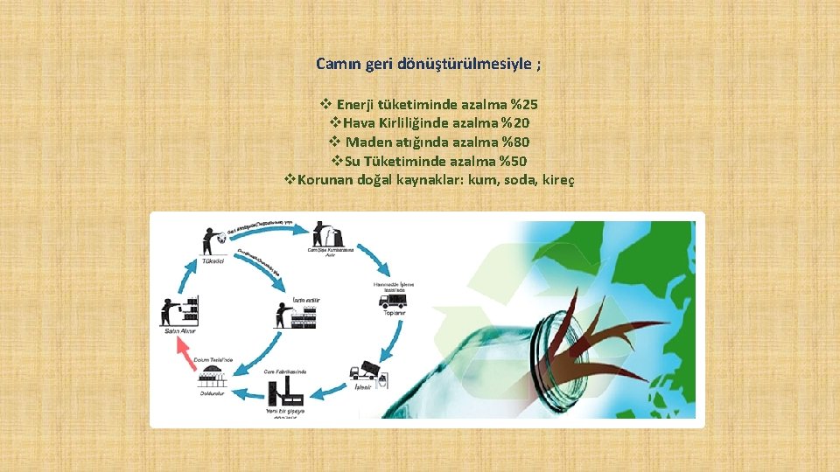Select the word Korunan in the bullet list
pyautogui.click(x=326, y=180)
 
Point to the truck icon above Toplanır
pyautogui.click(x=391, y=300)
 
